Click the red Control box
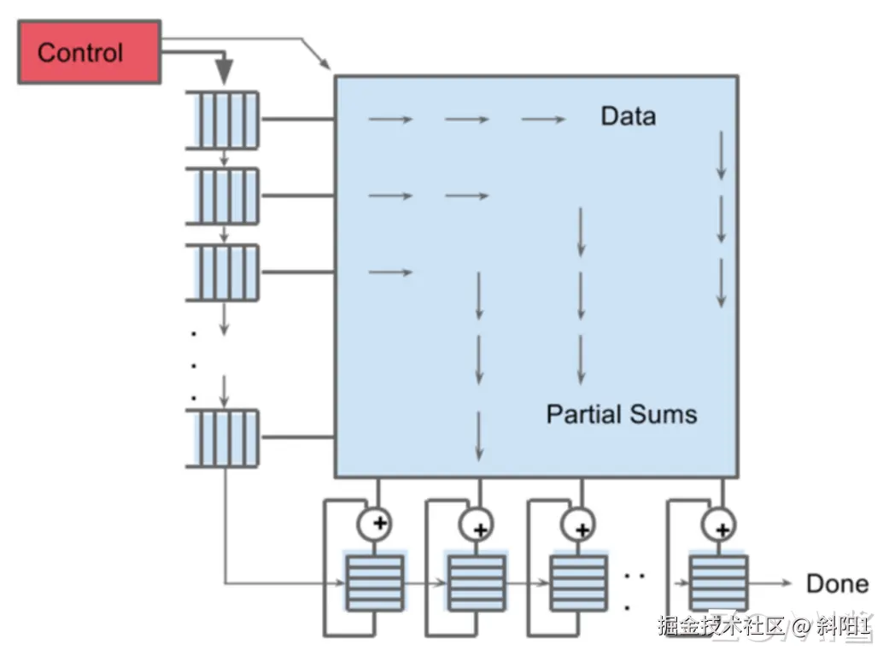tap(89, 52)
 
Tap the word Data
tap(628, 116)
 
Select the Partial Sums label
tap(621, 415)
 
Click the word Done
tap(837, 584)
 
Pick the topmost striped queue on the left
tap(222, 119)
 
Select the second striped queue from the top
tap(222, 196)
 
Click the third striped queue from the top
tap(222, 272)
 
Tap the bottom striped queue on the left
tap(222, 437)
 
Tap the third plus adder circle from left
tap(580, 524)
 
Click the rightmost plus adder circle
tap(720, 524)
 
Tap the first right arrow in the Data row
tap(390, 120)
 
